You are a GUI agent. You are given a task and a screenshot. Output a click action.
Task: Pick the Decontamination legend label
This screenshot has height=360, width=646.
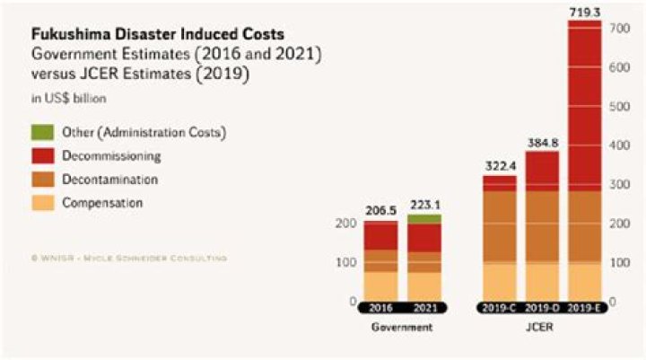pos(110,180)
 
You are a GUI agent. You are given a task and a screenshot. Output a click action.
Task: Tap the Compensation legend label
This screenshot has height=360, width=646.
pos(102,203)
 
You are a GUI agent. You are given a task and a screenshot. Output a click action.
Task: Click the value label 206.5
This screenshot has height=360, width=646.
pos(380,210)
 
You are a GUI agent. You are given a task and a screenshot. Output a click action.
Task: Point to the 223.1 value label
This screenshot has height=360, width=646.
pos(424,204)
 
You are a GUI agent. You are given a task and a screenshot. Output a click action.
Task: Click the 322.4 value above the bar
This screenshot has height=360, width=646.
pos(499,165)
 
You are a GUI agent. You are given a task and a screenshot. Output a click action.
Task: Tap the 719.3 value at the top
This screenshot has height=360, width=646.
pos(585,10)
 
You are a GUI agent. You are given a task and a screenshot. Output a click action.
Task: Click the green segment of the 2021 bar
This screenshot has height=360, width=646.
pos(424,218)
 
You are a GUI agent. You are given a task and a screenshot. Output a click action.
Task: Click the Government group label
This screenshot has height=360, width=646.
pos(402,328)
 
